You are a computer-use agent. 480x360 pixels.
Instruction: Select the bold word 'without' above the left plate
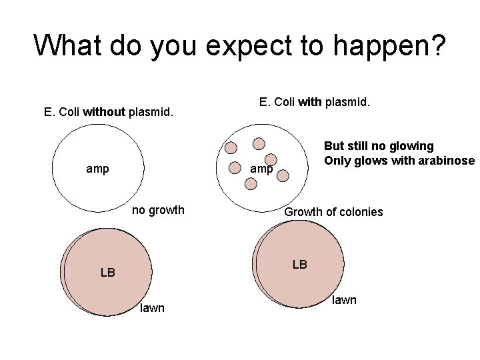tap(103, 112)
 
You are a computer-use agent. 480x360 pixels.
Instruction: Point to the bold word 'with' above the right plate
tap(309, 102)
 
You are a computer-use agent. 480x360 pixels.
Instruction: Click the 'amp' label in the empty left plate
tap(98, 169)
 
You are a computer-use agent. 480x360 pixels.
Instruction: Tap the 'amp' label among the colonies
tap(261, 169)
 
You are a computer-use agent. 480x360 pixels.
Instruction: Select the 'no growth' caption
tap(158, 211)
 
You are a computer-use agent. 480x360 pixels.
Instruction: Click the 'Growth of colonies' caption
tap(333, 212)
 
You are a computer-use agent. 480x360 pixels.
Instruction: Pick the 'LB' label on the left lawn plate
tap(107, 272)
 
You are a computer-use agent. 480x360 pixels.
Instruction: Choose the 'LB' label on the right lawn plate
tap(300, 265)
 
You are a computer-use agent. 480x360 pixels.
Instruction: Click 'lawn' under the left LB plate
tap(152, 307)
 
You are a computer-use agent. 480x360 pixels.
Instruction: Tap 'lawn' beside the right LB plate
tap(344, 300)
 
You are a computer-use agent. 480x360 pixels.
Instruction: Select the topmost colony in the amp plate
tap(259, 143)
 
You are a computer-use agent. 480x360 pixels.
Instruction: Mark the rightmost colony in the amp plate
tap(283, 175)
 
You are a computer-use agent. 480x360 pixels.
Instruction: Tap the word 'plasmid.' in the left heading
tap(151, 112)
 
